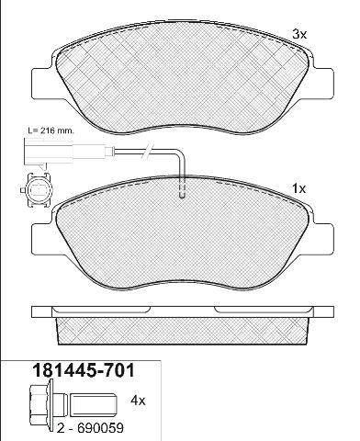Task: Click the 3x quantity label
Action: [299, 34]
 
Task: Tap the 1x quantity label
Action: [298, 189]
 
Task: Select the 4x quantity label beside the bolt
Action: [138, 401]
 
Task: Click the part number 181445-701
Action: [84, 370]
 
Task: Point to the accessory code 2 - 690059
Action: [90, 428]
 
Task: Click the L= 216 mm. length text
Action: [51, 130]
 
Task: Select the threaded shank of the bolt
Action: [94, 405]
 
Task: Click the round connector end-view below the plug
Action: [38, 190]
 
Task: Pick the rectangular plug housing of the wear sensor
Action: [49, 151]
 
